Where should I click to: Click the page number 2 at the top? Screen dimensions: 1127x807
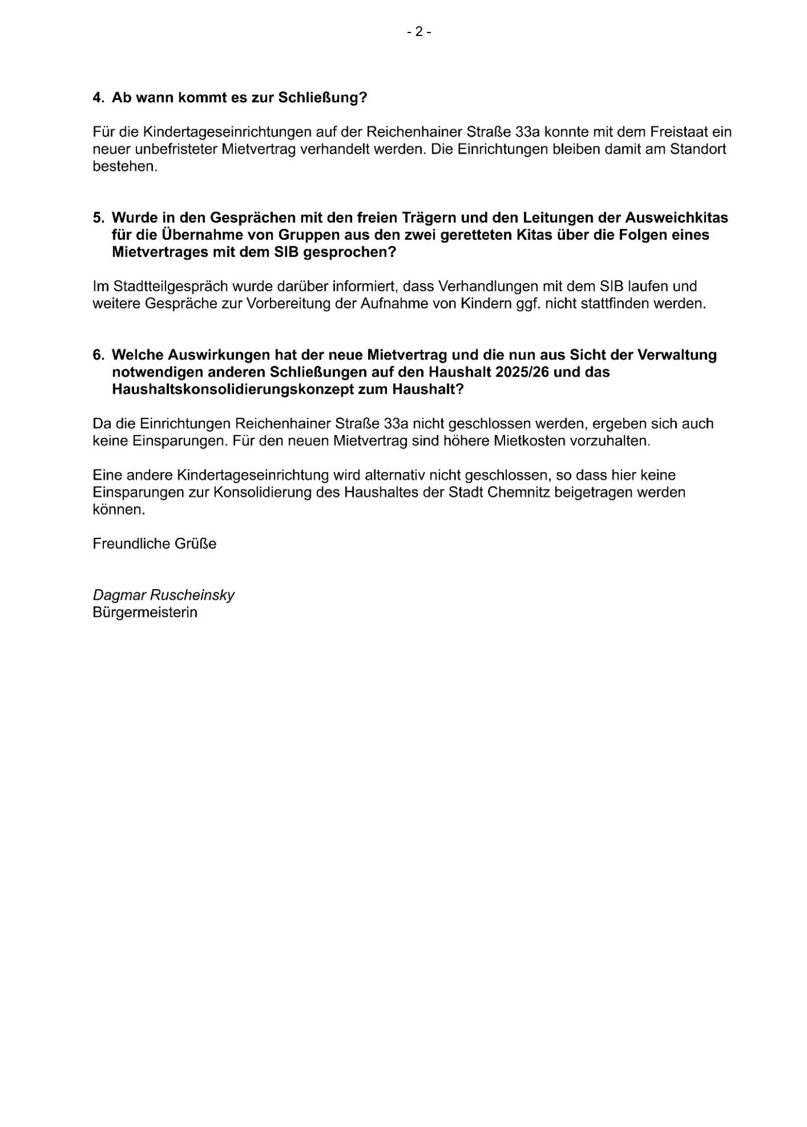[x=419, y=33]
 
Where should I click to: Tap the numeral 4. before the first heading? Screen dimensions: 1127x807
[x=98, y=98]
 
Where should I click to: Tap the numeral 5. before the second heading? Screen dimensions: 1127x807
[x=98, y=217]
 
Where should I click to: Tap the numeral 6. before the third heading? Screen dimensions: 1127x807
[x=98, y=355]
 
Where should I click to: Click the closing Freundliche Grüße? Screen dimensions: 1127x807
[x=154, y=544]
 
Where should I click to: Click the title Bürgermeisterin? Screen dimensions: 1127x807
[x=145, y=612]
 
